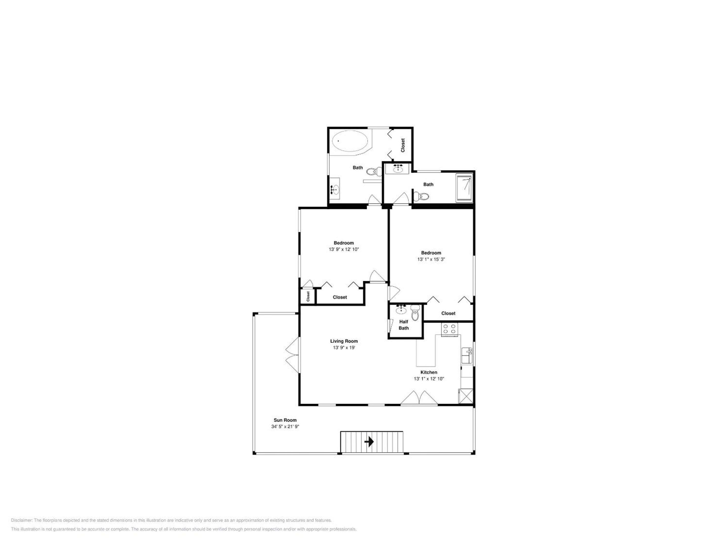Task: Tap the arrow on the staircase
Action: coord(369,441)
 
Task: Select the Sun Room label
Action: coord(285,420)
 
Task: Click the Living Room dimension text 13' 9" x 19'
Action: coord(344,348)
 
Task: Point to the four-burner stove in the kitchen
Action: coord(450,329)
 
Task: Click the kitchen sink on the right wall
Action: coord(467,355)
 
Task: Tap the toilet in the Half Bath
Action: coord(415,313)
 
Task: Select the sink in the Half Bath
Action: coord(401,309)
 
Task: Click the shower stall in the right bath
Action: coord(464,189)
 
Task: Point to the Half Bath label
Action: coord(403,325)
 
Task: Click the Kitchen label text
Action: coord(429,372)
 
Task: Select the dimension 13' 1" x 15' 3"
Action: coord(431,259)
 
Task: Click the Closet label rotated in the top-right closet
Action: coord(402,145)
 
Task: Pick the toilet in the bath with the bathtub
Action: coord(374,171)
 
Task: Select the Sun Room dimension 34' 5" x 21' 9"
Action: coord(285,426)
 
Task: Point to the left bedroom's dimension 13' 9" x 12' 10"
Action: coord(344,249)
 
